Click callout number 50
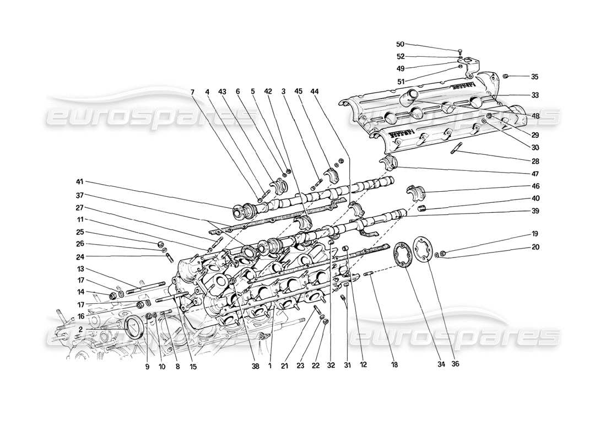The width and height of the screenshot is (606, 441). point(401,44)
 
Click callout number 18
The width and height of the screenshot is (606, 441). point(395,364)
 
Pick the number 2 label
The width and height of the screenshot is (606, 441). point(80,329)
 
